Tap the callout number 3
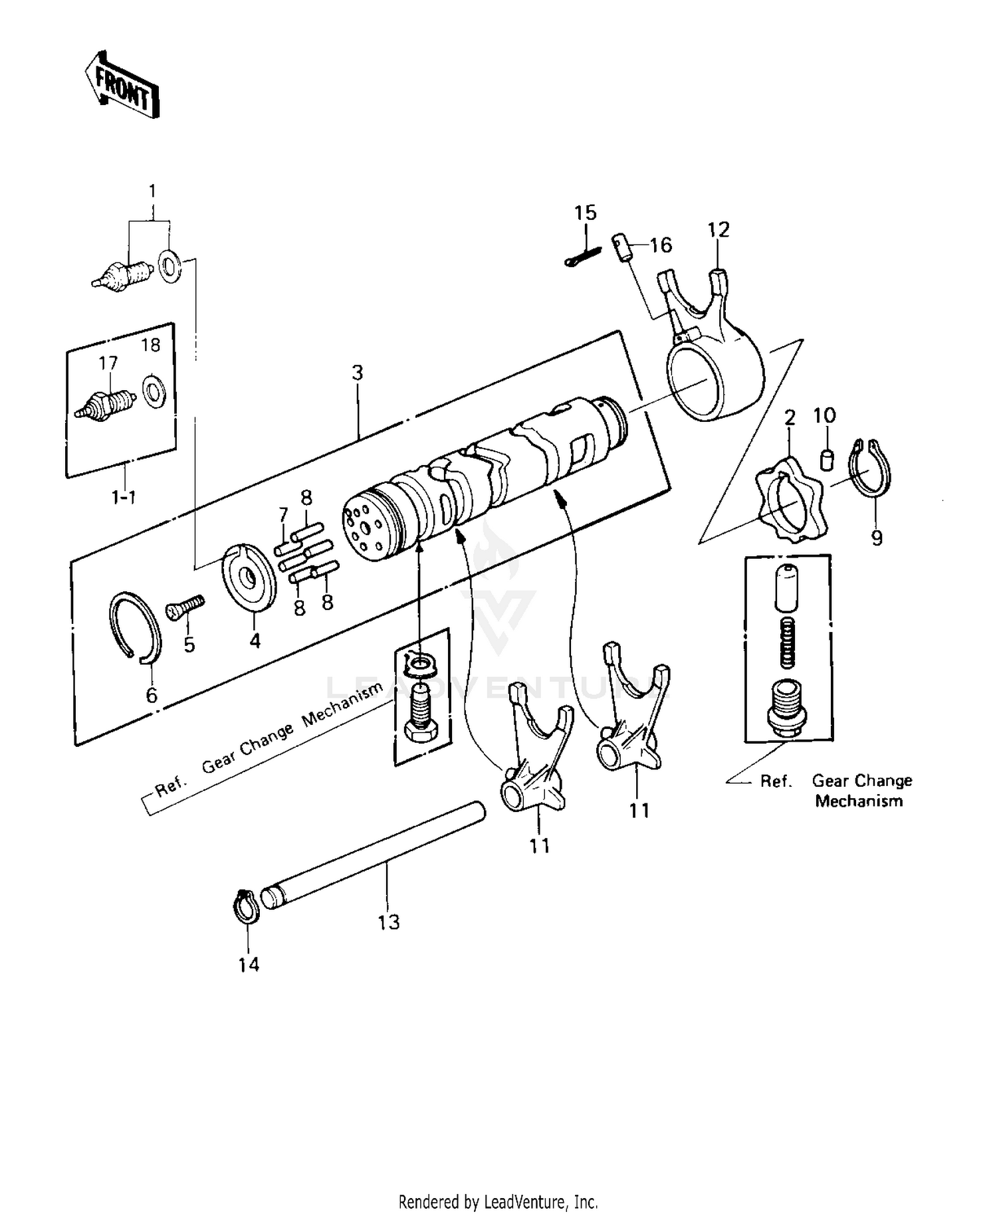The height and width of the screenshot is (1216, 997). [x=358, y=373]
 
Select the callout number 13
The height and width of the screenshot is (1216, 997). [x=389, y=922]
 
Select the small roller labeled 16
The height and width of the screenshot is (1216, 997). [x=621, y=247]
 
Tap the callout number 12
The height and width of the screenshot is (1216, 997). [x=719, y=230]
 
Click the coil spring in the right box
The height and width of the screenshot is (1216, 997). [x=786, y=642]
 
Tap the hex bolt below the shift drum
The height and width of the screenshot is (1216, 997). [x=420, y=716]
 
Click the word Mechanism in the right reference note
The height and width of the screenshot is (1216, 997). [x=859, y=801]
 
